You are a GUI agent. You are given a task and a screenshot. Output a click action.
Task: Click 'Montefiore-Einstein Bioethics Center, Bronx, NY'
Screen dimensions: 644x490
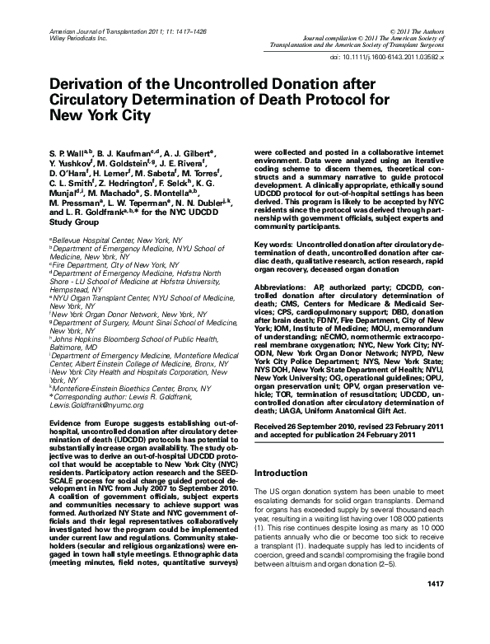point(115,387)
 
